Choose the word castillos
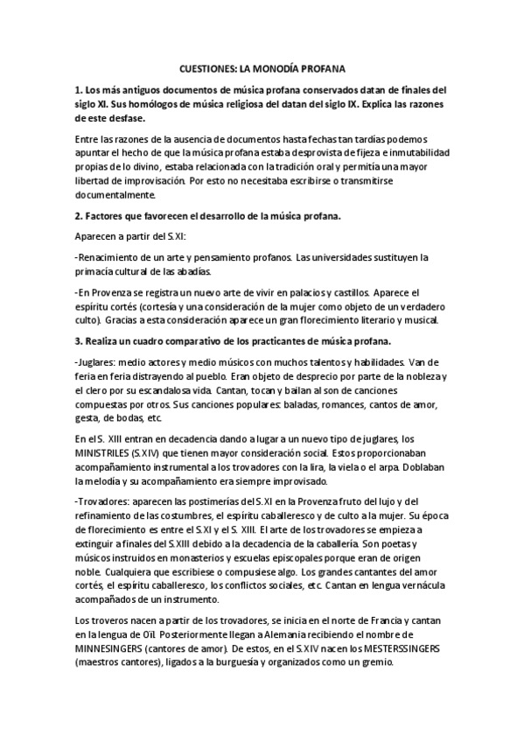coord(346,292)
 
